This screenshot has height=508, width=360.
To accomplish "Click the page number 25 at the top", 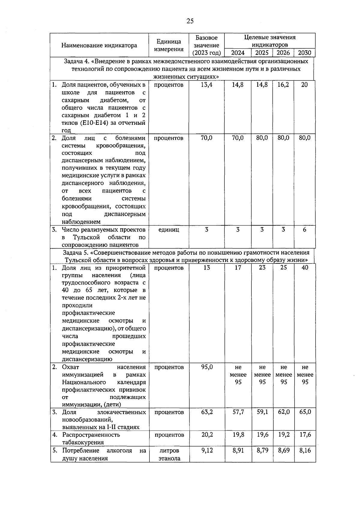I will click(x=190, y=21).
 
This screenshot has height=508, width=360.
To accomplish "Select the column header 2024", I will click(x=238, y=53).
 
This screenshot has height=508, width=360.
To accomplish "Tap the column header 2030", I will click(x=304, y=53).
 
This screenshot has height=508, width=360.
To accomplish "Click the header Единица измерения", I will click(x=169, y=45).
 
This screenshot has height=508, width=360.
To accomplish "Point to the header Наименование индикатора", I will click(x=99, y=45).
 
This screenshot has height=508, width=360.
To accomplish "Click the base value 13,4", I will click(x=206, y=85).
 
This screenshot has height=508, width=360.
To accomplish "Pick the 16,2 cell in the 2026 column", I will click(x=283, y=85).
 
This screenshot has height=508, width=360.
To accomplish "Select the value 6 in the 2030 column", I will click(x=304, y=230).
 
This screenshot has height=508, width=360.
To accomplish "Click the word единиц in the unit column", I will click(x=169, y=230).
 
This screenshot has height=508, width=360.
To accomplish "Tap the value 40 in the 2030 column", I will click(x=305, y=267).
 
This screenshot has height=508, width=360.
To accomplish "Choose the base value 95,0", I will click(x=207, y=367).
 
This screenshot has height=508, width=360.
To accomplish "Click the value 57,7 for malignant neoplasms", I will click(x=238, y=412).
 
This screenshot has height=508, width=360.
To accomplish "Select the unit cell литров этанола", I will click(x=169, y=454).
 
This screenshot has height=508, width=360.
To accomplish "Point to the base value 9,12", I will click(x=207, y=450).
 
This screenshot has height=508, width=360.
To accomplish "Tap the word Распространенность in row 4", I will click(x=91, y=434).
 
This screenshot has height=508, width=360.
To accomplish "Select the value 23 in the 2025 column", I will click(x=262, y=267).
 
